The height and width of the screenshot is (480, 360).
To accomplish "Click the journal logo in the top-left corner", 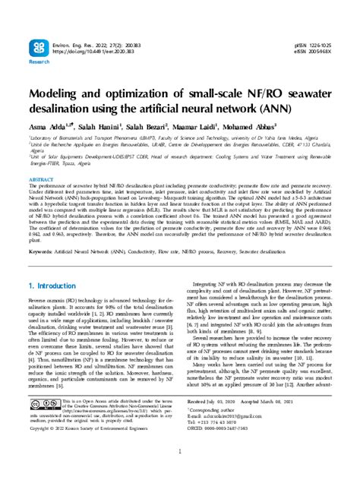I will pos(38,49).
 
